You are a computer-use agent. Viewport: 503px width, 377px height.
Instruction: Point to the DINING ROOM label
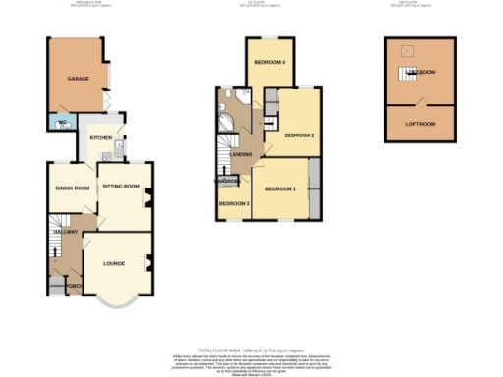pyautogui.click(x=72, y=188)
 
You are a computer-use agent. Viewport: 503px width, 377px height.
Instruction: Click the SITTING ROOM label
pyautogui.click(x=121, y=186)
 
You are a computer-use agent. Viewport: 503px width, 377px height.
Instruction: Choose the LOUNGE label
pyautogui.click(x=116, y=264)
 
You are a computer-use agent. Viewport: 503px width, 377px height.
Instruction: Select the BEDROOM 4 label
pyautogui.click(x=269, y=63)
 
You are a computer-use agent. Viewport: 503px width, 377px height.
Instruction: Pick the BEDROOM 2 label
pyautogui.click(x=299, y=135)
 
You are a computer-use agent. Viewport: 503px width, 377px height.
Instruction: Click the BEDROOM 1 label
pyautogui.click(x=281, y=188)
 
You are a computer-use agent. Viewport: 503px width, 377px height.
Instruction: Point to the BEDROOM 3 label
pyautogui.click(x=234, y=203)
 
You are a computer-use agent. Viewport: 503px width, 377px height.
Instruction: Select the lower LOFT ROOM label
pyautogui.click(x=420, y=124)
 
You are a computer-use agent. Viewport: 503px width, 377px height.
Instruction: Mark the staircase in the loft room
pyautogui.click(x=405, y=73)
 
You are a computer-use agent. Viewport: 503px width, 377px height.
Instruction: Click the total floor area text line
pyautogui.click(x=251, y=349)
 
